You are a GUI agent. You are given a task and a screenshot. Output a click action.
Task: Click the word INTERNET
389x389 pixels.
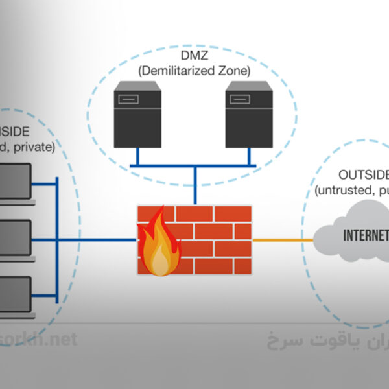tap(365, 234)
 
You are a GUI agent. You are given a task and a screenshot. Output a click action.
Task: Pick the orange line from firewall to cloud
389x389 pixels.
tap(282, 241)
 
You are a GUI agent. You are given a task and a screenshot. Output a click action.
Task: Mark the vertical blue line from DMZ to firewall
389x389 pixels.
tap(194, 185)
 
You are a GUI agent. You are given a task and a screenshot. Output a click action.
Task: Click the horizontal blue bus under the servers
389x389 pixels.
tap(194, 166)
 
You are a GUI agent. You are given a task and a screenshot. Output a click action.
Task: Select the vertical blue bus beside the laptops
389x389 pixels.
tap(58, 240)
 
